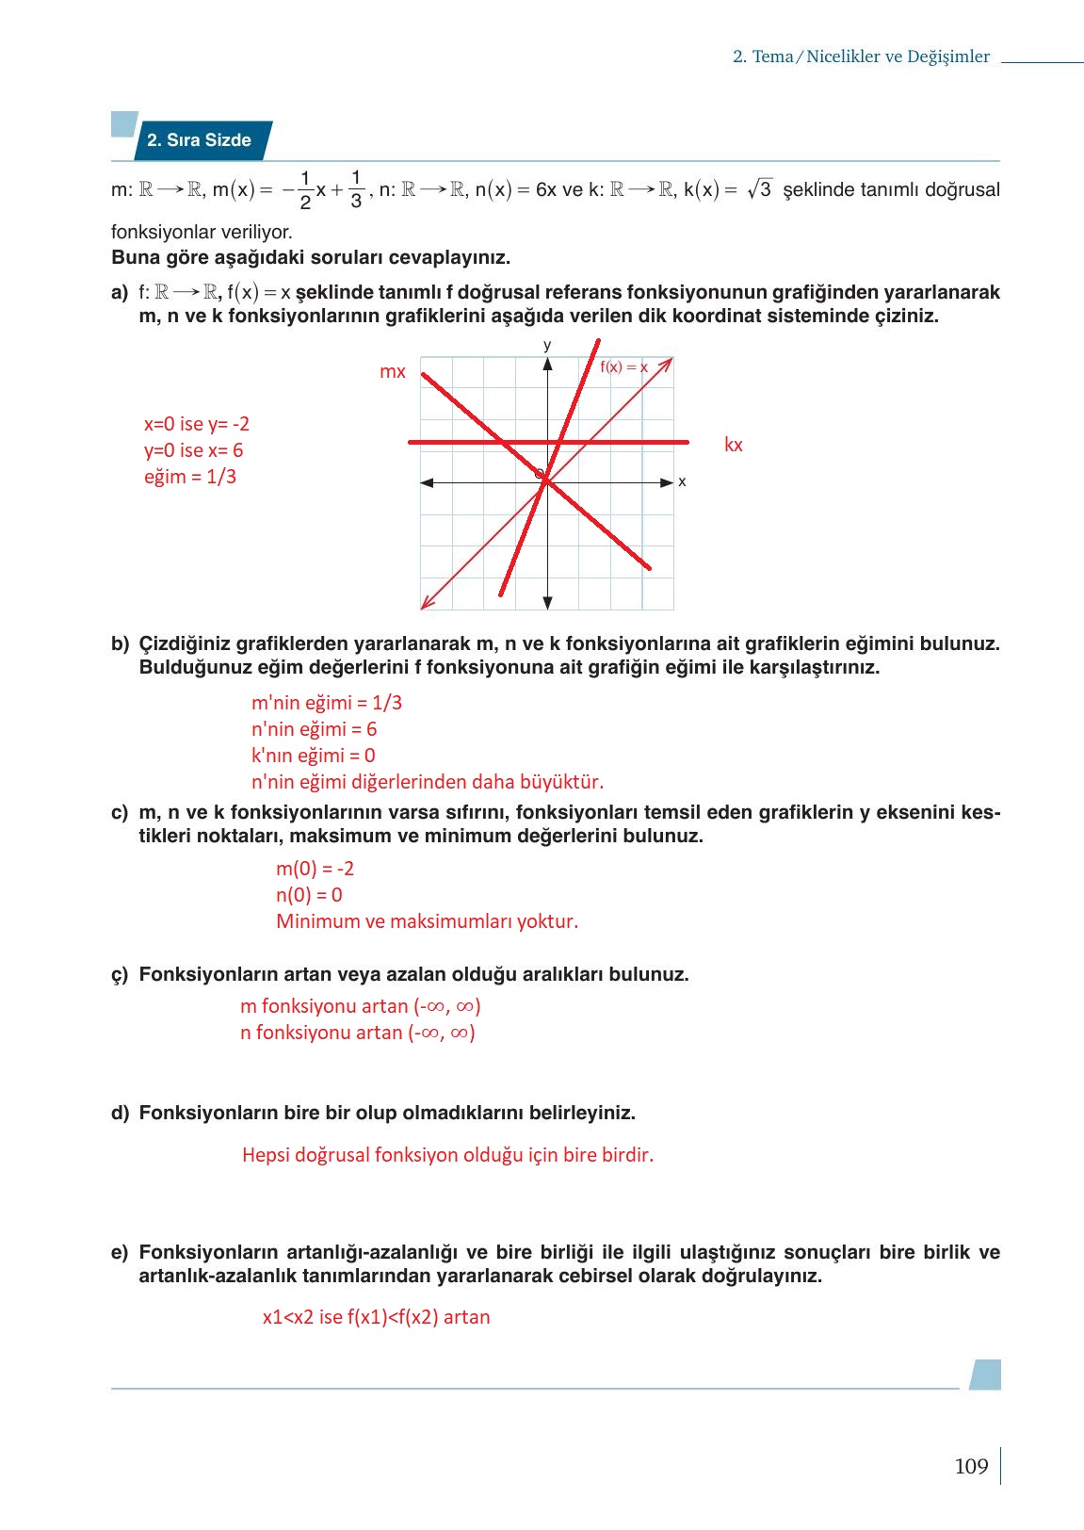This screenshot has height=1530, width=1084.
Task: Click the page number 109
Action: [971, 1466]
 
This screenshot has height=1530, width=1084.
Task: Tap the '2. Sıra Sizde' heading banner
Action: [199, 140]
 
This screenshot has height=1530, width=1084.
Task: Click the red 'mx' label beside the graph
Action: [392, 371]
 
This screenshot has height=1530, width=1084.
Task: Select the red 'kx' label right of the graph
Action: [733, 445]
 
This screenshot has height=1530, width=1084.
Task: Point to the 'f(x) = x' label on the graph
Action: [623, 367]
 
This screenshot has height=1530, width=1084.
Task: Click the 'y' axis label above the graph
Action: [547, 345]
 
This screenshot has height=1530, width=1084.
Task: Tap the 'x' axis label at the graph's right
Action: [682, 481]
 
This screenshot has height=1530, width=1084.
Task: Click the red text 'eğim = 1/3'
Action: [190, 477]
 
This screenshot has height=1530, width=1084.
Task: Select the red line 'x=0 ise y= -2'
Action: [196, 424]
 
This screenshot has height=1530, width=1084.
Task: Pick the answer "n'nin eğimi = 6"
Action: [314, 729]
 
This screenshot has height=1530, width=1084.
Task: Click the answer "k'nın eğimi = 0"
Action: [313, 756]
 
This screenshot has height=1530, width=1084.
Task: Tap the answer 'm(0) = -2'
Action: [315, 869]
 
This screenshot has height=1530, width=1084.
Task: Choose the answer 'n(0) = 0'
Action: [309, 895]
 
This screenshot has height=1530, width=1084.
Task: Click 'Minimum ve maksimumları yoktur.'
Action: [427, 921]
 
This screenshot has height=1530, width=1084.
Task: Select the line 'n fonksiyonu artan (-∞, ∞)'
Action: [357, 1033]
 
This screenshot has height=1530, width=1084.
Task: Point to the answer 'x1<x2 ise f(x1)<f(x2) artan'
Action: [376, 1317]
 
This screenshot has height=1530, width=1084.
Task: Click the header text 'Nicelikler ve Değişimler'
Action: [898, 57]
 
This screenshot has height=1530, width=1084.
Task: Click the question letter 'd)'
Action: [120, 1113]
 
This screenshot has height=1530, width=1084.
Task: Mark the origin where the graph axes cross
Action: [547, 482]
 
